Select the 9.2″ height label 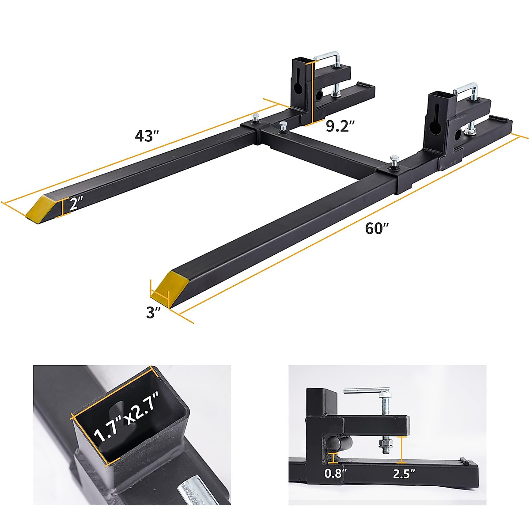point(341,126)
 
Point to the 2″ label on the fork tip point(76,204)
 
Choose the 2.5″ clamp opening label point(404,474)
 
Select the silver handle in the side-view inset point(365,390)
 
